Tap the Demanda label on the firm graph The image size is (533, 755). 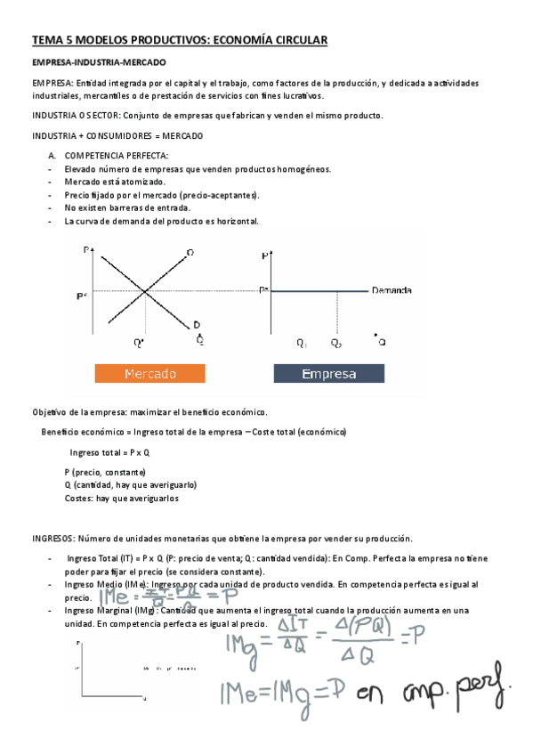[392, 290]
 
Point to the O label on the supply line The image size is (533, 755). [190, 253]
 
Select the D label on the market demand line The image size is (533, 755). [196, 323]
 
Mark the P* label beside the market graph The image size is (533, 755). [82, 295]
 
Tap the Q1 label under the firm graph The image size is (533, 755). [302, 343]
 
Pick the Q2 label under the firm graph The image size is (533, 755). [335, 343]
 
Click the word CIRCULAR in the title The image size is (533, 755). [299, 40]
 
